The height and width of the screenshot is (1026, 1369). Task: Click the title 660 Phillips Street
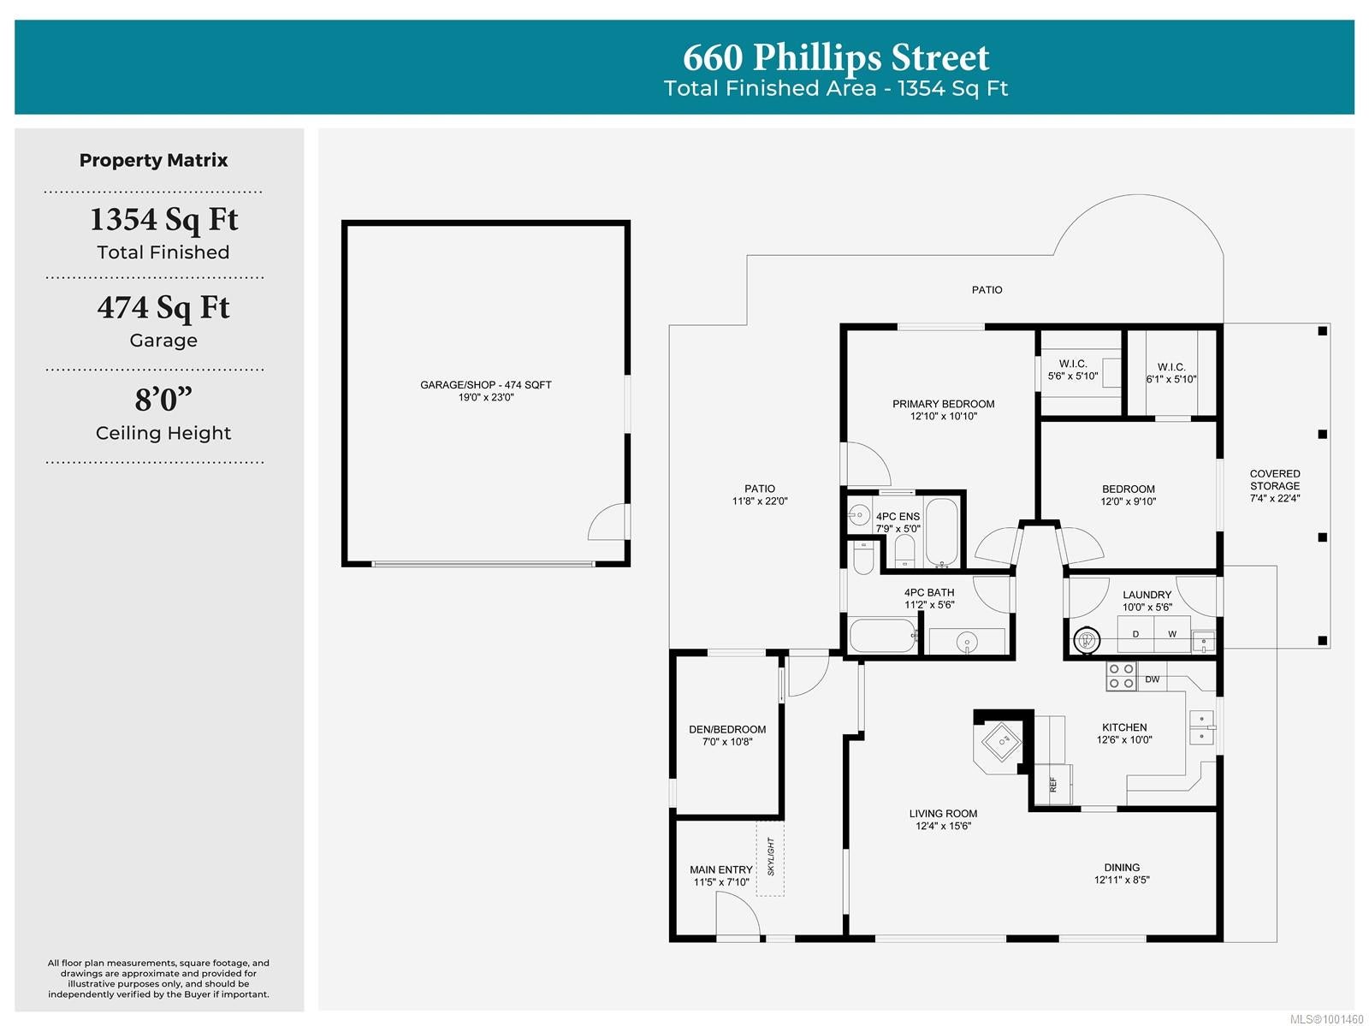click(x=835, y=57)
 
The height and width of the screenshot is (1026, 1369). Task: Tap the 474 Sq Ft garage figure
click(x=163, y=307)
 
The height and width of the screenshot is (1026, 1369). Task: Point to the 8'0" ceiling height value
click(x=163, y=399)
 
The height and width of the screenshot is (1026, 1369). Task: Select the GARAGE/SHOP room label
click(x=485, y=385)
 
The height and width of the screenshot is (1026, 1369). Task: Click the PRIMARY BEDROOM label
click(x=942, y=404)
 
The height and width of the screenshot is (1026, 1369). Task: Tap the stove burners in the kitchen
click(x=1120, y=676)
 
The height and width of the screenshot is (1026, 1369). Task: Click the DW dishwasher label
click(x=1152, y=679)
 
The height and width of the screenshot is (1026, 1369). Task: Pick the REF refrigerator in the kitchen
click(x=1052, y=784)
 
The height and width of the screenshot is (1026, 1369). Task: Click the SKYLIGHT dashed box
click(x=769, y=859)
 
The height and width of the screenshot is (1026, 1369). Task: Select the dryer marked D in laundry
click(x=1135, y=634)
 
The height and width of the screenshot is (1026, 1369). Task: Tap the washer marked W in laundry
click(x=1172, y=634)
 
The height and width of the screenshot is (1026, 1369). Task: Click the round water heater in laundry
click(x=1087, y=640)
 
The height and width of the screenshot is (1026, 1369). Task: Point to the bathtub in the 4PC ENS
click(x=941, y=532)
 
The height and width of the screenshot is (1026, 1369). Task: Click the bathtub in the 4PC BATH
click(x=882, y=636)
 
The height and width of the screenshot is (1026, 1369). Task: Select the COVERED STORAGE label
click(x=1274, y=486)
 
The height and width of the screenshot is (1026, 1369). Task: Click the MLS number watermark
click(x=1326, y=1019)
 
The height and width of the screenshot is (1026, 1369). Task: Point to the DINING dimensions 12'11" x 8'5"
click(x=1122, y=880)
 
